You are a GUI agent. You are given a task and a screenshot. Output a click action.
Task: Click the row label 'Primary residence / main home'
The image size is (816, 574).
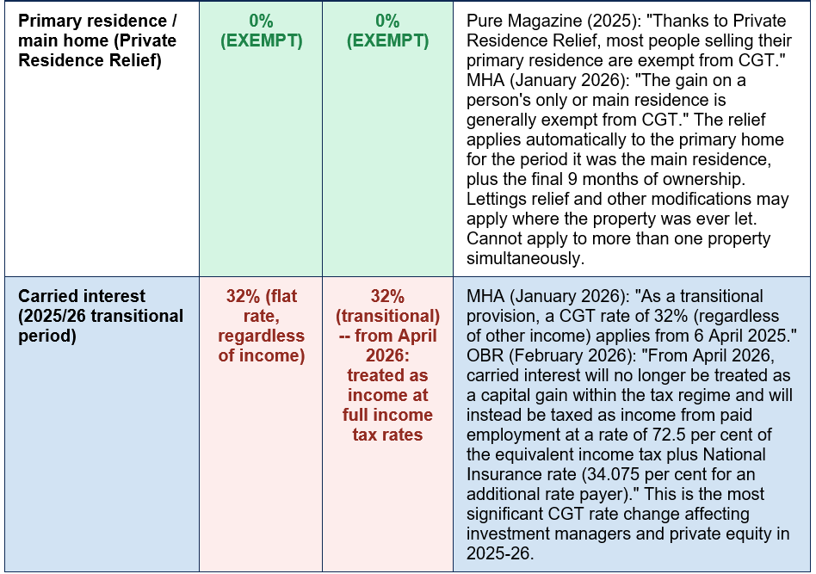pos(97,40)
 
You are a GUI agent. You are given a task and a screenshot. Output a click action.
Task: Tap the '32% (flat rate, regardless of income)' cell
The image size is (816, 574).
pos(262,325)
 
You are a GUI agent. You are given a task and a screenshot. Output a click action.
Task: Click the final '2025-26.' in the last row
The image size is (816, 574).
pos(499,553)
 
